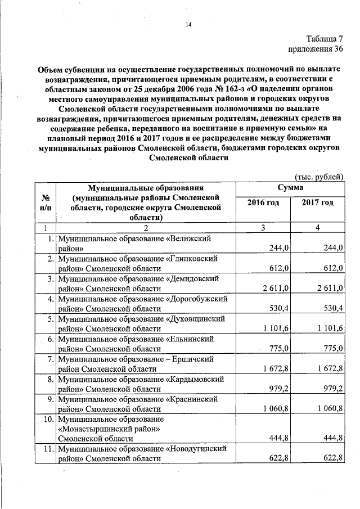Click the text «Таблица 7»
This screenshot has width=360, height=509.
[x=325, y=39]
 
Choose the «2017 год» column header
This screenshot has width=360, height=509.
[x=317, y=203]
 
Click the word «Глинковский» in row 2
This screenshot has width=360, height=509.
[x=194, y=258]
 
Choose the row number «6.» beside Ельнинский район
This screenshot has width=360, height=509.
[x=50, y=339]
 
